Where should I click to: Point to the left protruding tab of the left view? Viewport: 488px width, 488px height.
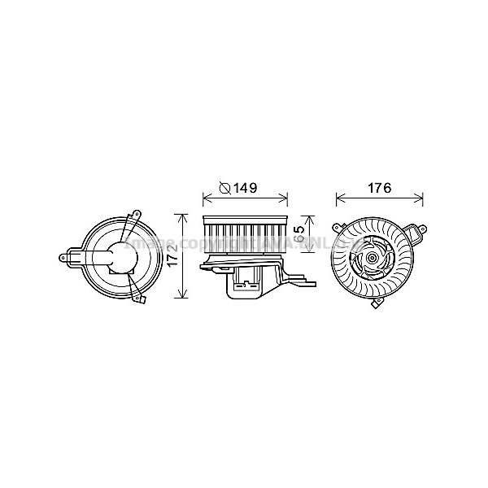(64, 258)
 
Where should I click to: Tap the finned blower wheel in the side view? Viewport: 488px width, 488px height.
(244, 233)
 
